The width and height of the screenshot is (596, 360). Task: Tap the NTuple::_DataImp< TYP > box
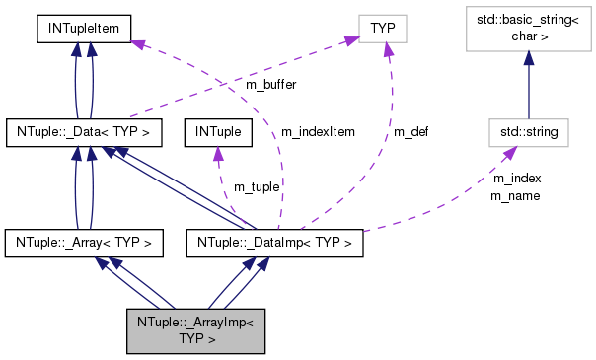pos(275,240)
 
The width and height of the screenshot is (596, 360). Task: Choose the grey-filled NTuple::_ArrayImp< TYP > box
pos(196,329)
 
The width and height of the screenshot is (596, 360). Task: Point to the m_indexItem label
pos(318,130)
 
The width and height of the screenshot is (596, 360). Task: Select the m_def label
pos(410,130)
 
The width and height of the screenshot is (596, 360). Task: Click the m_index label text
pos(516,178)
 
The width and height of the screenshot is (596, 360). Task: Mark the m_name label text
pos(516,194)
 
